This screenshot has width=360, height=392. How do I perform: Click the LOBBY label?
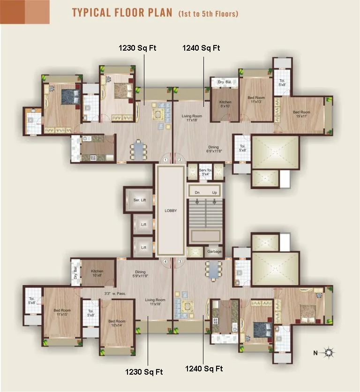[x=171, y=211]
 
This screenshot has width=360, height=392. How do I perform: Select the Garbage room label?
[x=214, y=252]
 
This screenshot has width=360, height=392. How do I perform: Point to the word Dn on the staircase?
[x=197, y=192]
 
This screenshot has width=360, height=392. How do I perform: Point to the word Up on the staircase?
[x=215, y=192]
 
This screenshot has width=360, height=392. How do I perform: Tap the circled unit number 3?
[x=180, y=261]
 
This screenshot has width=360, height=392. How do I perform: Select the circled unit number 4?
[x=165, y=261]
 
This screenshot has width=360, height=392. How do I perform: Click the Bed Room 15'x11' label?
[x=301, y=114]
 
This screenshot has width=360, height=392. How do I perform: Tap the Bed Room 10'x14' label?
[x=117, y=324]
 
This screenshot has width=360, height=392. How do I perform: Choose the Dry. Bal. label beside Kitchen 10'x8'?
[x=75, y=273]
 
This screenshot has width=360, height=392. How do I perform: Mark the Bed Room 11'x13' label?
[x=255, y=99]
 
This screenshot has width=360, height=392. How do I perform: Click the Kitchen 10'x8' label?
[x=97, y=273]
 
